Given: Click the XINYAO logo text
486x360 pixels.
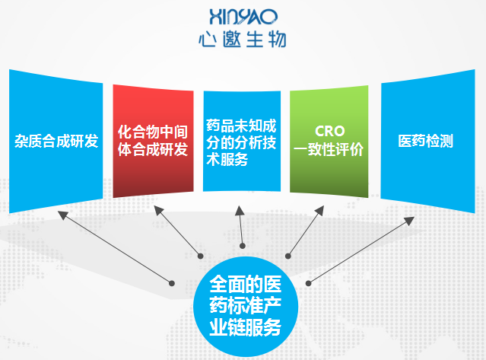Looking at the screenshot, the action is click(x=243, y=17).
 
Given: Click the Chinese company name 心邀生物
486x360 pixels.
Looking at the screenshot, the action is click(x=243, y=40).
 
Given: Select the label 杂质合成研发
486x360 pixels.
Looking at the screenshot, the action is click(x=56, y=141).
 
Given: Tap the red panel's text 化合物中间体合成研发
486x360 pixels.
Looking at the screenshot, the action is click(x=153, y=141).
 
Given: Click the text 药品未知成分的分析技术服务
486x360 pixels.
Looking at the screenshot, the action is click(x=241, y=142).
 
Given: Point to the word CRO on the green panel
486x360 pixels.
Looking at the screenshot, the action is click(x=330, y=131).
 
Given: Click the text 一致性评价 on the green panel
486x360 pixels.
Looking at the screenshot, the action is click(x=329, y=149).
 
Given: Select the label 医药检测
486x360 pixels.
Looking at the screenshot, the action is click(x=426, y=141).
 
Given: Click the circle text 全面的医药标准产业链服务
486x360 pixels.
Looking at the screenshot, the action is click(x=245, y=305).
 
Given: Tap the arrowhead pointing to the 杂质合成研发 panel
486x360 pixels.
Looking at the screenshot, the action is click(x=62, y=215).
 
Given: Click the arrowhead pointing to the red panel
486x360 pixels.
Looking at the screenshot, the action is click(x=158, y=210).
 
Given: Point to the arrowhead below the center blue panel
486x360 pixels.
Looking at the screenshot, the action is click(x=240, y=210).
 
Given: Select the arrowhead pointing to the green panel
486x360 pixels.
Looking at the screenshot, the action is click(x=320, y=210).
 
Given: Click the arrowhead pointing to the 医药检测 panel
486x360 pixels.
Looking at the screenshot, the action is click(x=410, y=220).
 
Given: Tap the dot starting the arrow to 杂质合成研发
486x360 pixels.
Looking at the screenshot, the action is click(x=172, y=283).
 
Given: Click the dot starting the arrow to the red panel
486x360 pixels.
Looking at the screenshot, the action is click(x=201, y=256).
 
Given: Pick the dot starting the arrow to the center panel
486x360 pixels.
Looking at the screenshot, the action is click(x=243, y=246).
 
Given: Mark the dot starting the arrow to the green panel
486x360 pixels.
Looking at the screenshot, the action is click(x=288, y=256).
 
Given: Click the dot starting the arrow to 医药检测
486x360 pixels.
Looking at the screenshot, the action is click(x=308, y=283).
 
